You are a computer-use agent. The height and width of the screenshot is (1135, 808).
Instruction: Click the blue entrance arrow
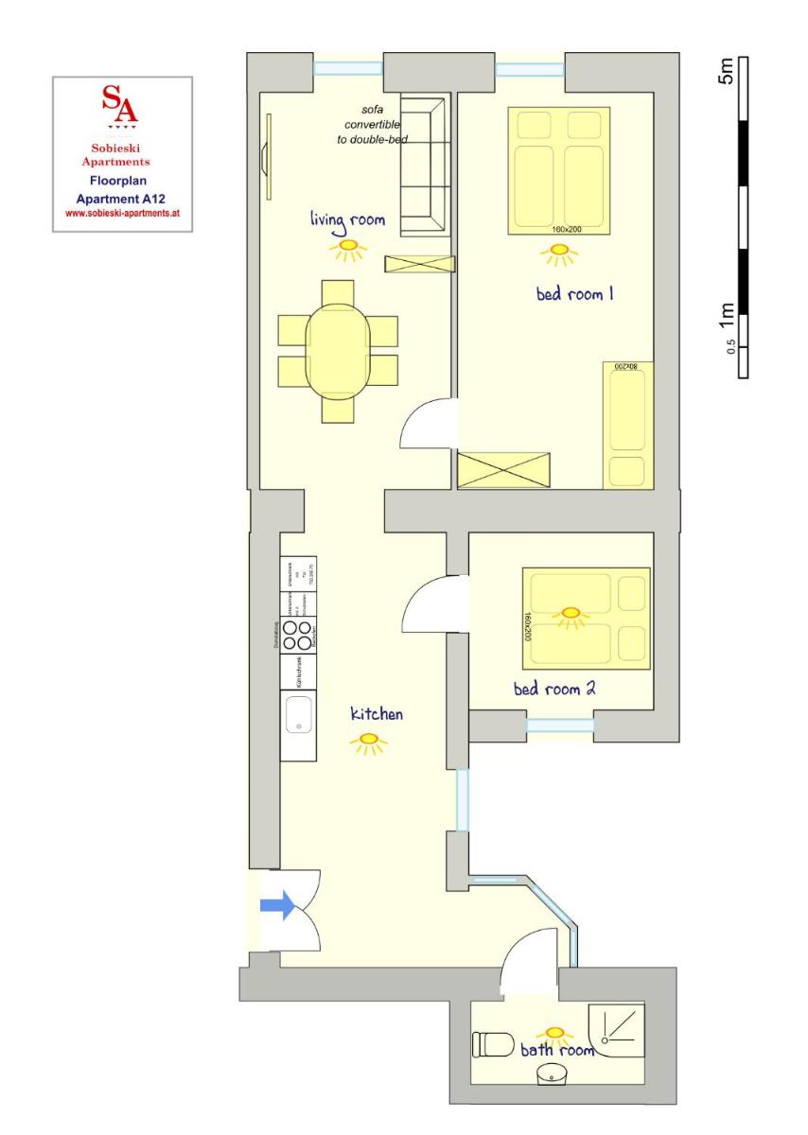(277, 905)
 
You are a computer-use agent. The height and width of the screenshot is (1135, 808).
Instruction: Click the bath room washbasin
(552, 1074)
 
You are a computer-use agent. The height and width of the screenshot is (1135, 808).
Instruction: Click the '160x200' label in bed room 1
(565, 229)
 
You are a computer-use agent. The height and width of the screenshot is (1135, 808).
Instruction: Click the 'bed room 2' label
(554, 690)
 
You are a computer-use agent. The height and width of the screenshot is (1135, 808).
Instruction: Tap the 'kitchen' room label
(377, 713)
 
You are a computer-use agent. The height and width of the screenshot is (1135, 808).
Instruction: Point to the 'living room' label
(347, 220)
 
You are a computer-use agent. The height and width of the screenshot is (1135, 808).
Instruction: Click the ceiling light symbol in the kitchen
(369, 742)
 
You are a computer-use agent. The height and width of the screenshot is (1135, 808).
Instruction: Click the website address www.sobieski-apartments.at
(121, 214)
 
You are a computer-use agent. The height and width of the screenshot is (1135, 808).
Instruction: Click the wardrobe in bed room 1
(503, 470)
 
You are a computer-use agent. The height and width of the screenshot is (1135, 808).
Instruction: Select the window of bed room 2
(560, 725)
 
